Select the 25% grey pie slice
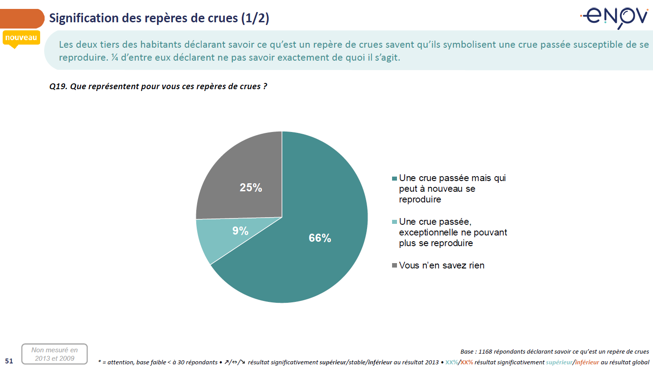pos(241,169)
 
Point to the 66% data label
pos(320,238)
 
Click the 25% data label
pos(251,188)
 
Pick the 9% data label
pos(240,231)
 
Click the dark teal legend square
pos(394,178)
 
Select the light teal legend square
pos(394,222)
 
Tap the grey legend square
pos(394,266)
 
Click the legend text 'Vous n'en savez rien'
pos(442,266)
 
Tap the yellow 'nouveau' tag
pos(21,38)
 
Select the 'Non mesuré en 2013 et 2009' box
pos(54,354)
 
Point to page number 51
pos(9,361)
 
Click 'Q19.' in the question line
pos(58,87)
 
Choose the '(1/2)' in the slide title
pos(255,18)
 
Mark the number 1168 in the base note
pos(485,352)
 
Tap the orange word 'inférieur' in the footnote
pos(587,363)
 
